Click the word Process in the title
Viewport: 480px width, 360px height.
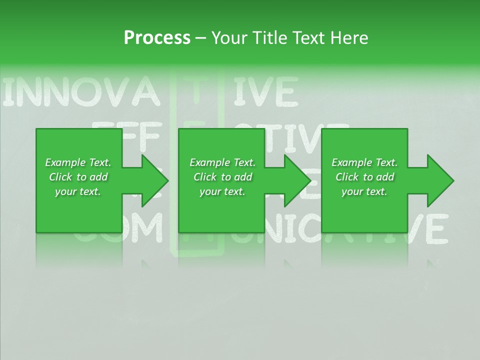pyautogui.click(x=157, y=37)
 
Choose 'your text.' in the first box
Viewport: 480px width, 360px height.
pyautogui.click(x=78, y=191)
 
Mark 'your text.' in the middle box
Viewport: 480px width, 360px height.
pyautogui.click(x=222, y=191)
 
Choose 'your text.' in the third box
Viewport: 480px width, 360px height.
pyautogui.click(x=364, y=191)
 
